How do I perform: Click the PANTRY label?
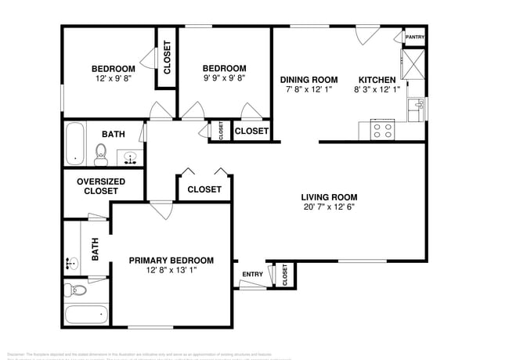414,37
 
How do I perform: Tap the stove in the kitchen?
382,130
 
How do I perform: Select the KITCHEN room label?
378,80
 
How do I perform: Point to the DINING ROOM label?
309,80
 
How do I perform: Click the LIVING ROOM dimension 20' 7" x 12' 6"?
330,207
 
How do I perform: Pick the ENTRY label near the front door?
252,274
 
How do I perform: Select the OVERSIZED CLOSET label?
98,186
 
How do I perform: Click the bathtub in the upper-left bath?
76,144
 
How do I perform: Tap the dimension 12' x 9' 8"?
113,79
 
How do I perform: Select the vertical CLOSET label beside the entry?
284,275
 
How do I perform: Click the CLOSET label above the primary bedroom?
204,189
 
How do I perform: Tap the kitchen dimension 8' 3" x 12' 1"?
378,90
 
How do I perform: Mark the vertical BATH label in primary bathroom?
96,249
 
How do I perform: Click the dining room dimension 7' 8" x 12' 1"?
309,90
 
